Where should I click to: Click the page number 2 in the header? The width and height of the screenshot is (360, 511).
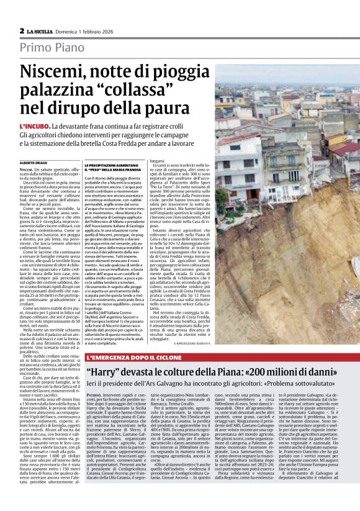(x=22, y=30)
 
